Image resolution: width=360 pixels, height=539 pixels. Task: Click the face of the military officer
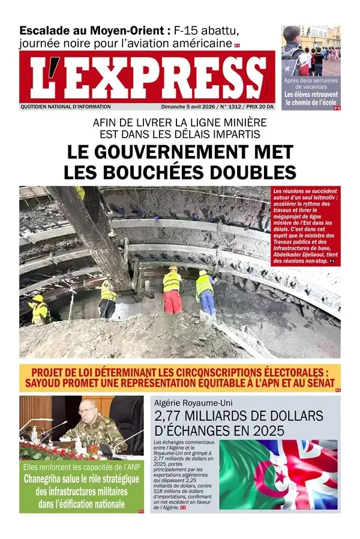pos(88,413)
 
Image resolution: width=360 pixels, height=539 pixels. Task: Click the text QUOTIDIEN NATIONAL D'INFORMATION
pos(65,107)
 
